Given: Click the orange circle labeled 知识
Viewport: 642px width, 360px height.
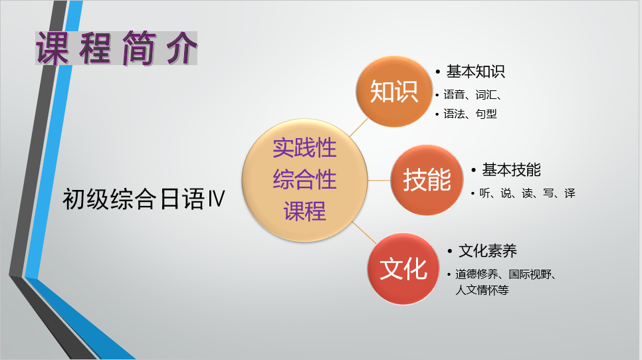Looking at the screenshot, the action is pos(394,91).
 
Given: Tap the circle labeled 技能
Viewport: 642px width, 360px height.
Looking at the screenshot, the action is pos(427,180).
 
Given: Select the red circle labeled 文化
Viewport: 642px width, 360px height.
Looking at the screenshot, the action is pos(403,269).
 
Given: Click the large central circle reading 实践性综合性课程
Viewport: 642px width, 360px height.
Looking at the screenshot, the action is pos(304,180).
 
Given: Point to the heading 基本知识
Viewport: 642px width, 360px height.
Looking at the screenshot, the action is pos(475,72).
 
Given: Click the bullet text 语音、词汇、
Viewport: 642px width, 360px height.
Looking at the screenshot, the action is pos(473,95).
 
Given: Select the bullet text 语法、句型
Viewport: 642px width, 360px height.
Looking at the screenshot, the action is pos(470,114).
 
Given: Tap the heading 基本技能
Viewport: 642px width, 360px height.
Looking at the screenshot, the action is pos(511,170).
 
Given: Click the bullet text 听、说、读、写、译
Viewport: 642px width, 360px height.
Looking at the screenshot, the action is pos(528,193).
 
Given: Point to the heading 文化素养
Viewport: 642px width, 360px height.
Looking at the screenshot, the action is pos(488,251).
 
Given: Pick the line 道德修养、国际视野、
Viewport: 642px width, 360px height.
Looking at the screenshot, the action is pos(506,274).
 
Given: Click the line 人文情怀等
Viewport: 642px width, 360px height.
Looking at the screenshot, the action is pos(482,290).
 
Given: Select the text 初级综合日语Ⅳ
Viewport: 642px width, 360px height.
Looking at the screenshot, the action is pos(144,199).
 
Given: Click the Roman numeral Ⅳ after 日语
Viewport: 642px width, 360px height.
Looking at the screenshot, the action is pos(217,199).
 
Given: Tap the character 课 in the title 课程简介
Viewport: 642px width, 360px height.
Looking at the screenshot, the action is pos(53,48).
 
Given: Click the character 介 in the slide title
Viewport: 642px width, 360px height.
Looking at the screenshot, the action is pos(181,48).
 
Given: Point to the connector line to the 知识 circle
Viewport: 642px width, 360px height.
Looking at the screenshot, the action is pos(359,128).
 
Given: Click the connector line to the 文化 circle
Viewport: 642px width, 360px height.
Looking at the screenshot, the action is pos(364,232).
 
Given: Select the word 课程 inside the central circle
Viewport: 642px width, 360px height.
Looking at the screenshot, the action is pos(304,211).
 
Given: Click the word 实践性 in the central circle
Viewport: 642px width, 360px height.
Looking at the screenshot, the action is pos(304,147).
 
